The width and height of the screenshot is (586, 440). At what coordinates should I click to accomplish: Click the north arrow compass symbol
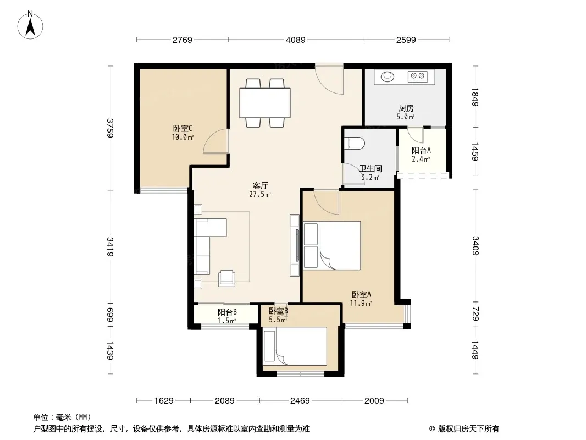(30, 25)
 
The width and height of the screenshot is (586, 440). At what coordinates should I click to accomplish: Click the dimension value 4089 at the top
(296, 40)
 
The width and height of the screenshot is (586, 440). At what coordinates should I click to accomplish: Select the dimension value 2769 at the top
(183, 40)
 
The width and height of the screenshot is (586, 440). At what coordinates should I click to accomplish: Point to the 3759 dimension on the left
(110, 128)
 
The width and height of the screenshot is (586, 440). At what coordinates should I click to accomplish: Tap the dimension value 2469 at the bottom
(300, 401)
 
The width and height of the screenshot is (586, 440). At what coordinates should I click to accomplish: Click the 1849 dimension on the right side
(475, 97)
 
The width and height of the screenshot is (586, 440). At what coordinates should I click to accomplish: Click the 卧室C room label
(183, 129)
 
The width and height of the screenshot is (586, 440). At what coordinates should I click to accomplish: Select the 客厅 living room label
(260, 186)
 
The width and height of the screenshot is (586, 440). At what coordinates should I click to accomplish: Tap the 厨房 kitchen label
(406, 108)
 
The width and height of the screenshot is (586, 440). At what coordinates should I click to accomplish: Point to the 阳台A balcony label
(421, 150)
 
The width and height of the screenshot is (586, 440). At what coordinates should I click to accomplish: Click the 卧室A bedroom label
(361, 295)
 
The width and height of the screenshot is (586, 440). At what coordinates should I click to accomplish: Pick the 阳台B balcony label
(227, 312)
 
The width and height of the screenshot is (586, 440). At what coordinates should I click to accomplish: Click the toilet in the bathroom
(356, 143)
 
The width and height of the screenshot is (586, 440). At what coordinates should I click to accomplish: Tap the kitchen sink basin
(387, 76)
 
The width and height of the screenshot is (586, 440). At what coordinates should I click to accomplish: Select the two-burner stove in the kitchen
(418, 76)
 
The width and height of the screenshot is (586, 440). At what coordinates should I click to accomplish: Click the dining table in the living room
(265, 102)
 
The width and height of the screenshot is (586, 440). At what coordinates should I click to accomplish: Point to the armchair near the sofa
(227, 278)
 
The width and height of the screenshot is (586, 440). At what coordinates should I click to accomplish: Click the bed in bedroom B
(295, 346)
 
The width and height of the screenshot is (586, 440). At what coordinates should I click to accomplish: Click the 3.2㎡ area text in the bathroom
(371, 177)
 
